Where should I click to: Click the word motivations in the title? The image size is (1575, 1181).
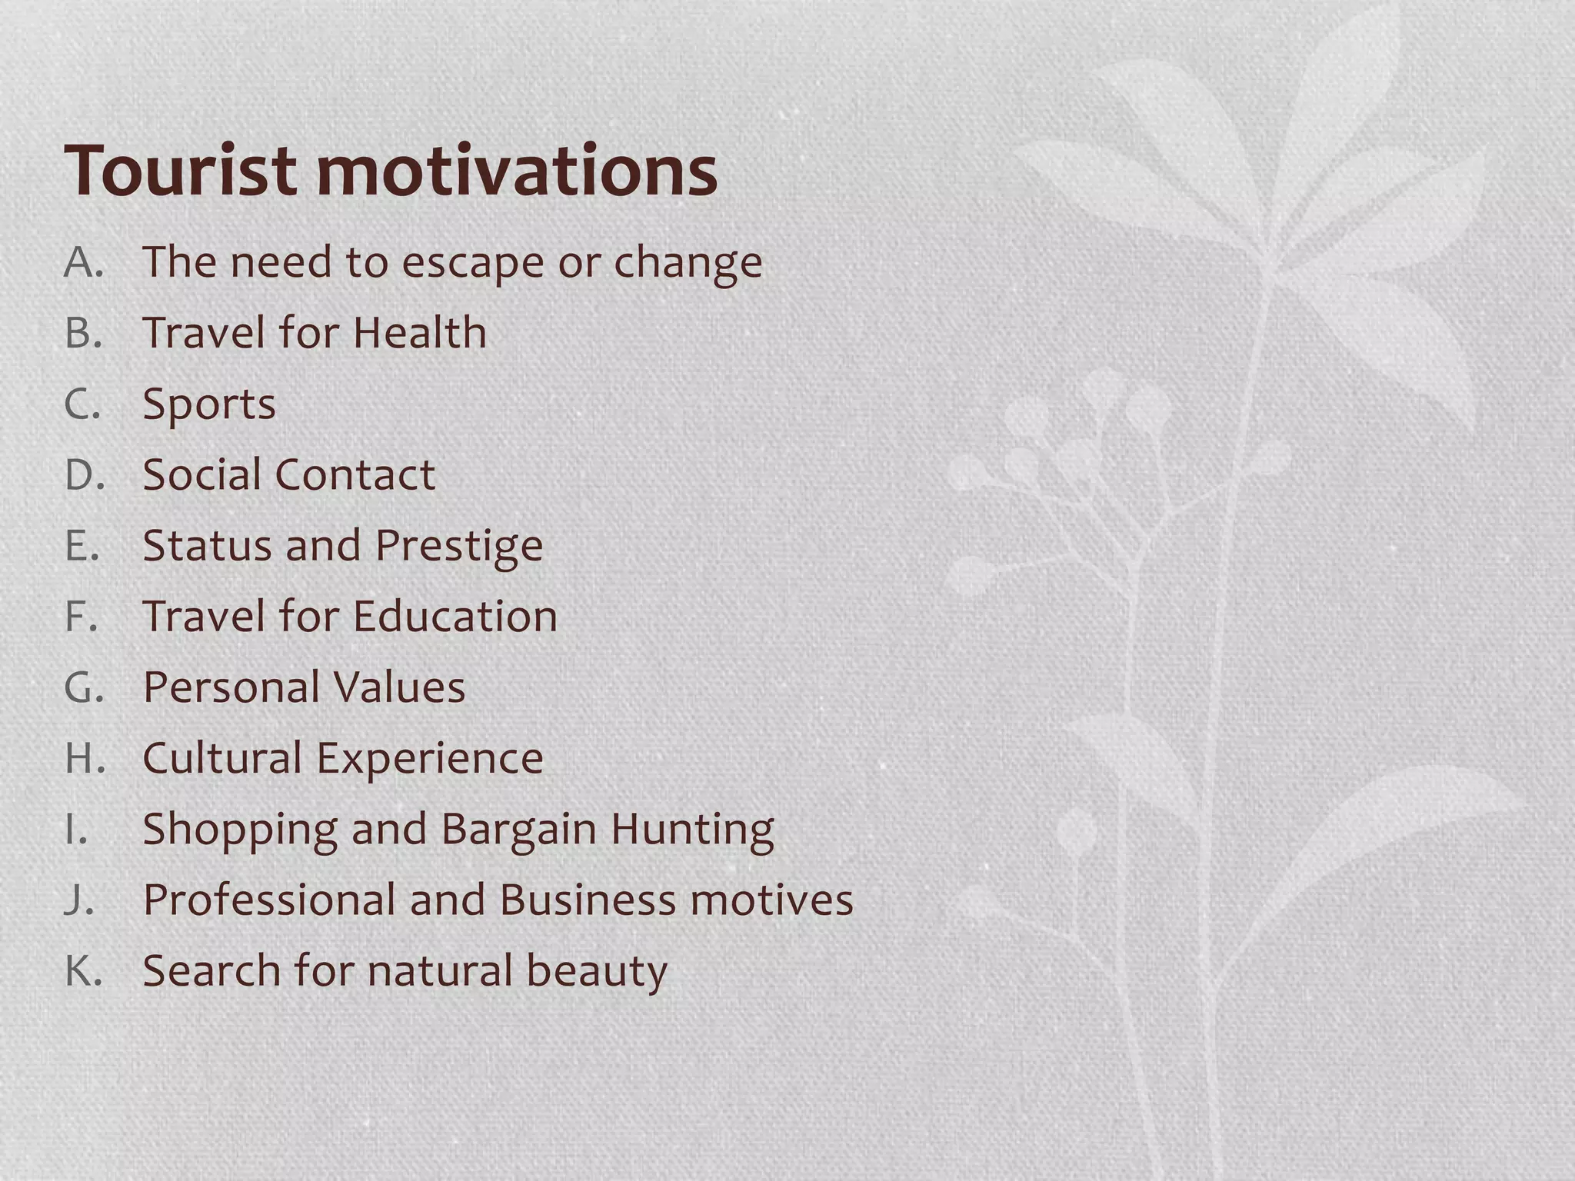click(x=517, y=171)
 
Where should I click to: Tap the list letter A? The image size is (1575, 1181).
click(x=82, y=262)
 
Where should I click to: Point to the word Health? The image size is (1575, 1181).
click(x=420, y=333)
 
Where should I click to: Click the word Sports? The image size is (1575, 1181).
click(x=209, y=405)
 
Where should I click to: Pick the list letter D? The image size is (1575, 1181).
click(x=83, y=475)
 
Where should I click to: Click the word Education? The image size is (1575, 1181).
click(x=455, y=617)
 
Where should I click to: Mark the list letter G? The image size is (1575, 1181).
click(x=83, y=687)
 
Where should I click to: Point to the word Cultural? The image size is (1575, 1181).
click(x=222, y=759)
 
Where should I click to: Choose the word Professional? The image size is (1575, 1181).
click(x=269, y=900)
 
